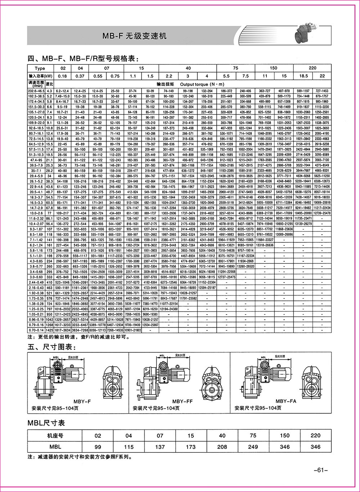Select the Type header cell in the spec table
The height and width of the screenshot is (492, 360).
40,68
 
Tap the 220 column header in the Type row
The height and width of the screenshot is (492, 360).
312,68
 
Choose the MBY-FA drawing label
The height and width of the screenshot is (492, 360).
286,401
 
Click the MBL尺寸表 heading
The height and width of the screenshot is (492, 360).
46,423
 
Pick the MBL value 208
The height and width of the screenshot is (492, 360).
222,447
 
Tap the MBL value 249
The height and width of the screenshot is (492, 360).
253,447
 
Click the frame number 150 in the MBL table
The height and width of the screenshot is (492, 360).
284,435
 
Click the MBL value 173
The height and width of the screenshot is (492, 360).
191,447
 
